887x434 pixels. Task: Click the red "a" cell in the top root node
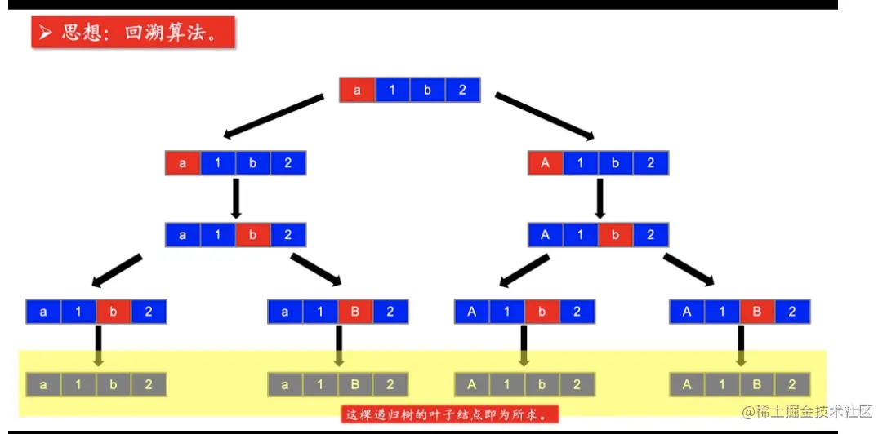357,90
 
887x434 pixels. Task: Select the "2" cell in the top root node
462,90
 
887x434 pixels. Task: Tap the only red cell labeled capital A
545,162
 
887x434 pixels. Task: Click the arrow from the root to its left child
274,117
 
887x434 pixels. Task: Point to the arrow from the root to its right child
545,117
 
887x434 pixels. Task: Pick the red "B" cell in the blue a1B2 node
355,311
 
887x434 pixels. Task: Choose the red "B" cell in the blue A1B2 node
757,311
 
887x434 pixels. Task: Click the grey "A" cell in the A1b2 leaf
472,384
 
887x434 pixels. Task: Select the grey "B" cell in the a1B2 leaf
355,384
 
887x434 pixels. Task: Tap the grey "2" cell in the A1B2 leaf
791,384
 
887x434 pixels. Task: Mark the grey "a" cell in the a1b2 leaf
43,384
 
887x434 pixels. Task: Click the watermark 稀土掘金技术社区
809,412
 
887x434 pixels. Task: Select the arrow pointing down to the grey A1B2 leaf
740,346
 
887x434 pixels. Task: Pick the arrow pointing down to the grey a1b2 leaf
97,346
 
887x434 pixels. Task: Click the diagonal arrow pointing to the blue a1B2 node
316,270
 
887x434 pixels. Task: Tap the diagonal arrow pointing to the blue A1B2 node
689,270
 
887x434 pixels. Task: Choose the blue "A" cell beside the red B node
687,311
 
